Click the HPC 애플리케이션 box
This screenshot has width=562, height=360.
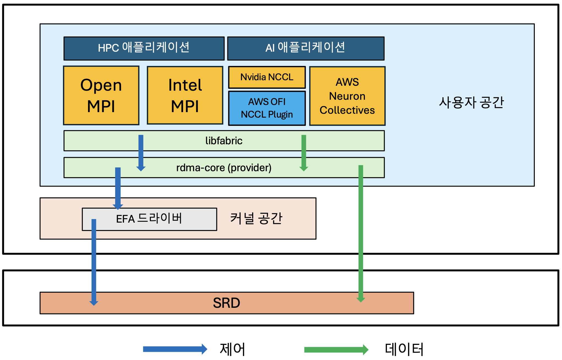tap(144, 48)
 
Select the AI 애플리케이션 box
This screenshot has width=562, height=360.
tap(305, 48)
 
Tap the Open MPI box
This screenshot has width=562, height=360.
tap(101, 95)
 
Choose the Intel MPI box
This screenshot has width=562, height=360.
tap(185, 95)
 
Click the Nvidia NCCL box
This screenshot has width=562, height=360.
tap(267, 77)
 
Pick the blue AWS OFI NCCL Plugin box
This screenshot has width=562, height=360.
tap(267, 108)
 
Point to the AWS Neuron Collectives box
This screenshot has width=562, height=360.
tap(347, 96)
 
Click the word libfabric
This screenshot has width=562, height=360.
tap(224, 141)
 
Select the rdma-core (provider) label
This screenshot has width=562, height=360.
tap(224, 168)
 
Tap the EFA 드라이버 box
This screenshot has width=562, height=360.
tap(149, 219)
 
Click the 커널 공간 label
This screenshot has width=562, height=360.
tap(256, 218)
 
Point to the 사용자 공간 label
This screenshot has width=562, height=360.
tap(471, 103)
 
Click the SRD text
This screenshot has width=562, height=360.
tap(227, 303)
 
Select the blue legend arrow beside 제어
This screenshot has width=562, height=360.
tap(175, 349)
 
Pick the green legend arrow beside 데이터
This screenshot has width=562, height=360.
tap(336, 350)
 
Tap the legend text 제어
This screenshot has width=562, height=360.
tap(232, 349)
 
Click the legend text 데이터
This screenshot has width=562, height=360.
tap(404, 349)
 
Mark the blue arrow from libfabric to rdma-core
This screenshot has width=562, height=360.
tap(141, 153)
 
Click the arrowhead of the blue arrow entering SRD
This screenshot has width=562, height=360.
tap(94, 303)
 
